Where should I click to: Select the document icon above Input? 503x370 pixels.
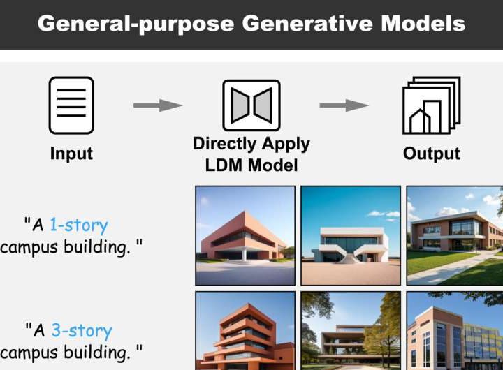coord(71,105)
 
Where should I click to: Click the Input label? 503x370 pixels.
coord(71,154)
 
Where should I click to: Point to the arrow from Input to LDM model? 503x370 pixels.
coord(157,105)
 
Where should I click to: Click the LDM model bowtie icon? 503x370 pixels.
coord(251,105)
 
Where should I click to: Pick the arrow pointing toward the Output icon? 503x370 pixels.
coord(344,105)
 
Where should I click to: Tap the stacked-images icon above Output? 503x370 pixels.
coord(431,105)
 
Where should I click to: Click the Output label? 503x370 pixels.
coord(432,154)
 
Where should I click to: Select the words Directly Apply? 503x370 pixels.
coord(251,145)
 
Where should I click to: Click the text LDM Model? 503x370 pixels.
coord(251,165)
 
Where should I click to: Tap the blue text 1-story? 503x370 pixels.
coord(79,225)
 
